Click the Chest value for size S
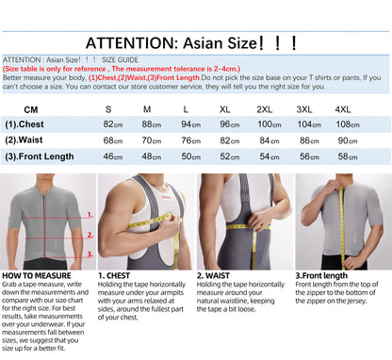point(113,124)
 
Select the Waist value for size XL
point(230,140)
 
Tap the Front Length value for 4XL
point(348,156)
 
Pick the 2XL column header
point(265,109)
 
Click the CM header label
point(31,110)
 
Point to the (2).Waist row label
point(24,140)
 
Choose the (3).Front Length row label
point(40,156)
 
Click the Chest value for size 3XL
point(309,124)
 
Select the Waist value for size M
point(152,140)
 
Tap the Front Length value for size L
point(191,156)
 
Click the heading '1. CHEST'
point(114,276)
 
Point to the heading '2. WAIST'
point(213,276)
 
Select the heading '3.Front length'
point(321,276)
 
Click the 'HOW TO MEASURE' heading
point(37,276)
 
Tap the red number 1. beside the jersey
point(90,215)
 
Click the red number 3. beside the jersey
point(90,254)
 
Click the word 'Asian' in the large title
point(204,43)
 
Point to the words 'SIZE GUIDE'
point(120,59)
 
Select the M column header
point(147,109)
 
